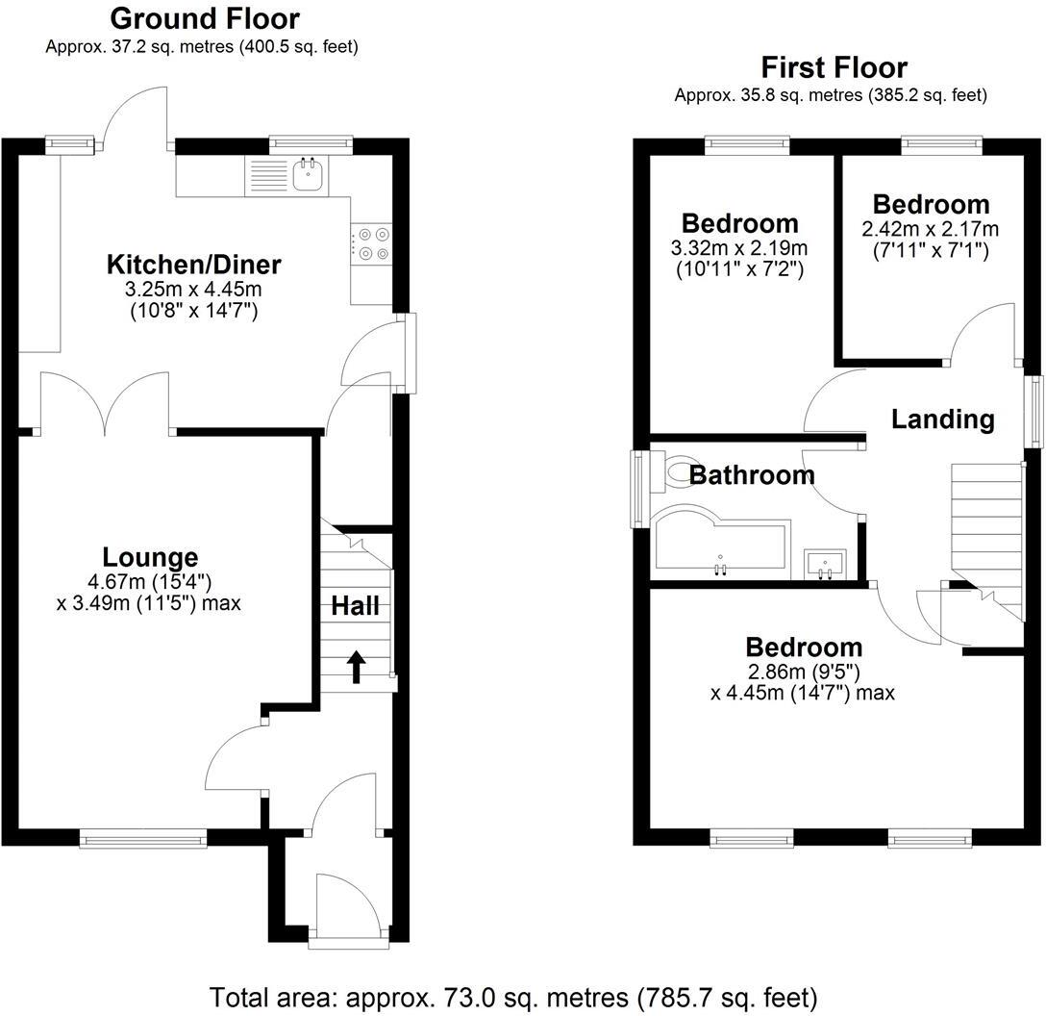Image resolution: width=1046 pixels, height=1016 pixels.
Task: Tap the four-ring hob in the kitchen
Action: click(x=372, y=243)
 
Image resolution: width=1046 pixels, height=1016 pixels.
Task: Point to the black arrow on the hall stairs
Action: click(x=356, y=667)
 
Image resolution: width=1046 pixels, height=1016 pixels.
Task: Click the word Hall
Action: click(x=355, y=606)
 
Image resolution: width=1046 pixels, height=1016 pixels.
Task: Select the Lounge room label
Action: click(x=150, y=557)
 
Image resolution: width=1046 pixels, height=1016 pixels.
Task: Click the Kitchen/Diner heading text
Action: click(x=193, y=264)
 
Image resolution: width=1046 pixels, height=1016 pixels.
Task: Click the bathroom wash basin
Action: click(x=825, y=564)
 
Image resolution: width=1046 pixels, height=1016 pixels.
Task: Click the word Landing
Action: click(x=942, y=419)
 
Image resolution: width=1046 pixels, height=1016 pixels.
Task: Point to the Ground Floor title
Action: click(x=204, y=18)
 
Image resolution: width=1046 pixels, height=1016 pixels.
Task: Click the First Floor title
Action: click(x=834, y=67)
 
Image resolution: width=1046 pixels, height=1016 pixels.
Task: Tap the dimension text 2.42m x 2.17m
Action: click(x=930, y=229)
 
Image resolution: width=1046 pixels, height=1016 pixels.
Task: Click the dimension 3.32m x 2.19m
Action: click(x=739, y=248)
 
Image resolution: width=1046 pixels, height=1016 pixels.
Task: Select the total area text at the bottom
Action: click(x=513, y=996)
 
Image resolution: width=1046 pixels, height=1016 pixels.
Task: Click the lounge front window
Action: click(x=143, y=839)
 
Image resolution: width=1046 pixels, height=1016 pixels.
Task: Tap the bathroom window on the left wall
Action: click(x=638, y=489)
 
